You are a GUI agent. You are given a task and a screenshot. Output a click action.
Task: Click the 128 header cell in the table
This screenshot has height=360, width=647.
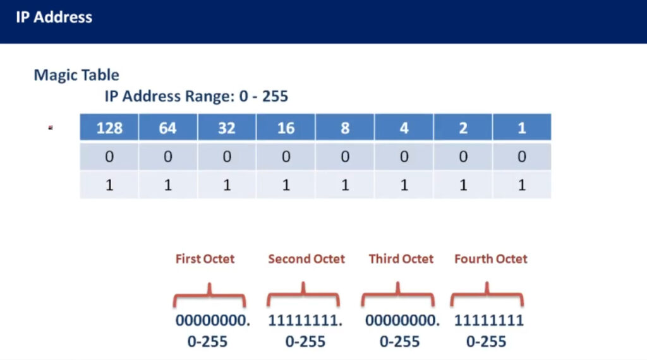click(x=109, y=128)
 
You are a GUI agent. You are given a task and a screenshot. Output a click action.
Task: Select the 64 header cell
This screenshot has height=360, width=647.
click(x=168, y=128)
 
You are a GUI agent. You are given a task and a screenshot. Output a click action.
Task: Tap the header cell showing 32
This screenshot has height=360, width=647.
click(x=227, y=128)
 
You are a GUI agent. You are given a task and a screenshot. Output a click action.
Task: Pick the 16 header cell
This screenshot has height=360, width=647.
click(x=286, y=128)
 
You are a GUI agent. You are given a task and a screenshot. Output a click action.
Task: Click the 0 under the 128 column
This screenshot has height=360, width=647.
click(x=109, y=156)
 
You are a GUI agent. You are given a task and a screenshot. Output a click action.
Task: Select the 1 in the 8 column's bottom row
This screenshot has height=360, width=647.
click(x=345, y=185)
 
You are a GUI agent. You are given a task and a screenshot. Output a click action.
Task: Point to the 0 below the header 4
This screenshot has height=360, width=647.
click(x=404, y=156)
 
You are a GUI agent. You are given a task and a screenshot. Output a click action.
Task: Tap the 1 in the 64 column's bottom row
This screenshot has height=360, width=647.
click(x=168, y=185)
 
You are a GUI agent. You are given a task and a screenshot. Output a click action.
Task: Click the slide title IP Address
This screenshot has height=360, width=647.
click(x=54, y=17)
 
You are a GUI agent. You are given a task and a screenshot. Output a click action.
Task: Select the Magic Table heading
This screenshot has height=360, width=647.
click(x=76, y=75)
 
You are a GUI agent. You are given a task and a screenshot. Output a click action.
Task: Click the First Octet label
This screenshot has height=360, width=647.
click(x=205, y=258)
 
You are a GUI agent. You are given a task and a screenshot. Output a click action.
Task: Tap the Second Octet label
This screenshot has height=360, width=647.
click(x=306, y=258)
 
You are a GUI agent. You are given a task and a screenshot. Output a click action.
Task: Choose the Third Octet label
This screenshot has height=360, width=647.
click(x=401, y=258)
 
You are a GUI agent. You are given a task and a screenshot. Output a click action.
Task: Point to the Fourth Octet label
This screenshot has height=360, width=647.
click(x=490, y=258)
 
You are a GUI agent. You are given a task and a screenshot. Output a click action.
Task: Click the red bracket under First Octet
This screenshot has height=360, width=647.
click(x=210, y=294)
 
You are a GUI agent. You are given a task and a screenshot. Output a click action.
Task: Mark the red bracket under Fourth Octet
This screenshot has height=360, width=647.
click(x=487, y=294)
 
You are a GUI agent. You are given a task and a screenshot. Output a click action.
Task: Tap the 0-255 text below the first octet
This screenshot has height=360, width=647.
click(x=207, y=342)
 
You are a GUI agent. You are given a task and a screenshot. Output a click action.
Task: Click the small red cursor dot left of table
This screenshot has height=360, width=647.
click(x=51, y=128)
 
